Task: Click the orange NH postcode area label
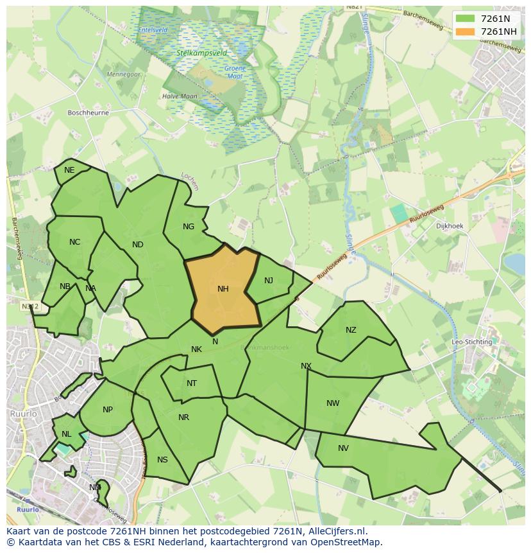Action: pos(223,289)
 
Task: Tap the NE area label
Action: pos(69,170)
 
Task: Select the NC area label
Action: pos(75,242)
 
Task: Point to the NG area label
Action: pos(189,227)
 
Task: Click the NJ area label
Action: pos(269,280)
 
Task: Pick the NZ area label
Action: pos(351,330)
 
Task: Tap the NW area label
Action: pos(333,403)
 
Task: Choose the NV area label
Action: pos(343,448)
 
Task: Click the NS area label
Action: pos(162,460)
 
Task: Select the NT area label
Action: pos(192,383)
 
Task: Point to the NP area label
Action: pos(108,410)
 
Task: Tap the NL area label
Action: pos(67,434)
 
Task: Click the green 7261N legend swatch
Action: pos(465,19)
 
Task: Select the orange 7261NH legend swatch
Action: pos(465,31)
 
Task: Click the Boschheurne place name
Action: pos(88,112)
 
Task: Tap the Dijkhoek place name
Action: pos(449,226)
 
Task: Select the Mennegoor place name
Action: pos(124,75)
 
